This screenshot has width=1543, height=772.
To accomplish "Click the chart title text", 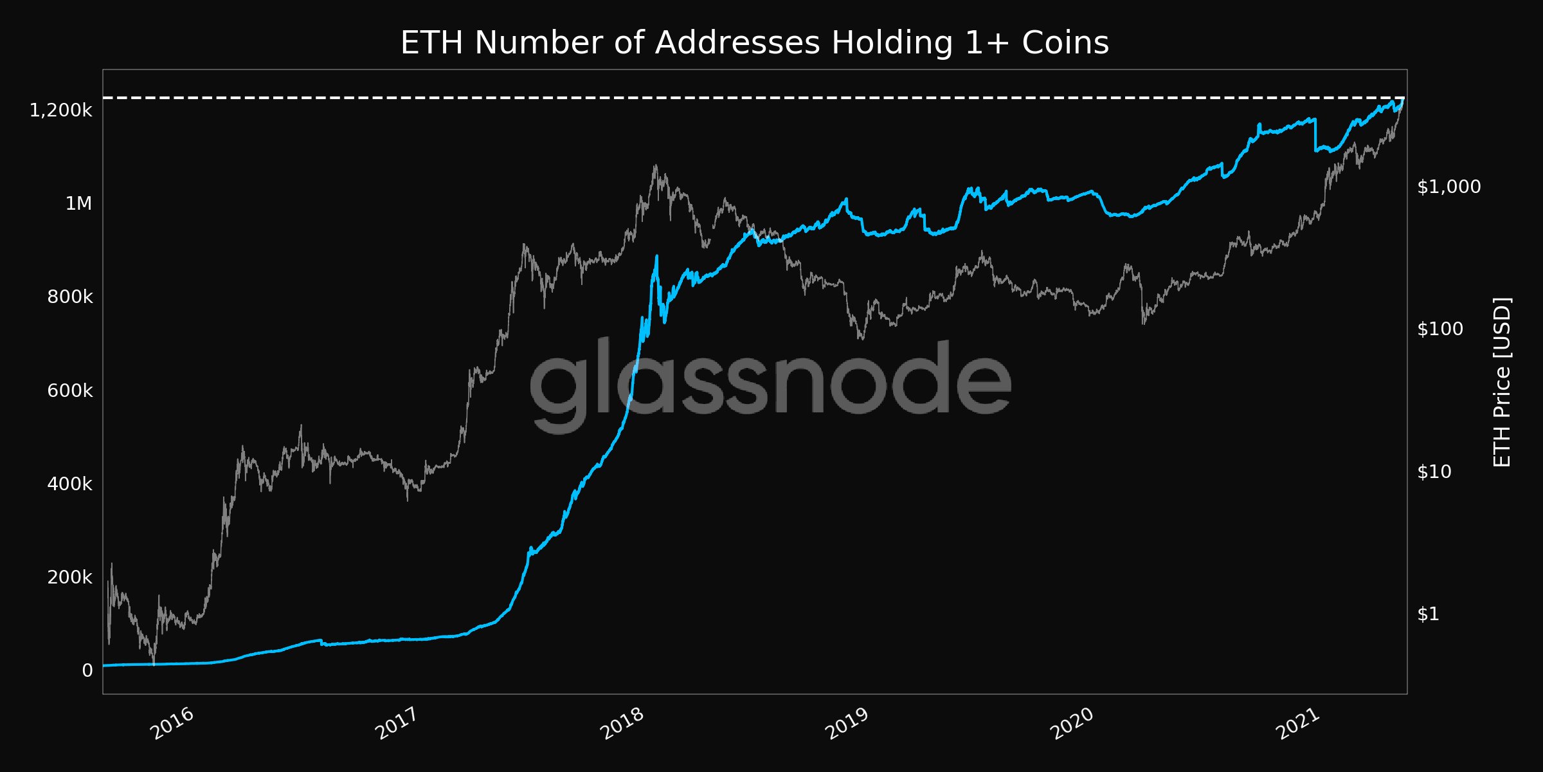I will pyautogui.click(x=754, y=43).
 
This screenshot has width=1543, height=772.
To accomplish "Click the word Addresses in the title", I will pyautogui.click(x=737, y=43).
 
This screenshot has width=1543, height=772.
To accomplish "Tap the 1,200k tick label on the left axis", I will pyautogui.click(x=60, y=111).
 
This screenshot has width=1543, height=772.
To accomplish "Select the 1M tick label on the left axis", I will pyautogui.click(x=78, y=204).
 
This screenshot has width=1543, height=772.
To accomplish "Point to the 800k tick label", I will pyautogui.click(x=69, y=297).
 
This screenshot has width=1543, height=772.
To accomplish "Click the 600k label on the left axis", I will pyautogui.click(x=69, y=391).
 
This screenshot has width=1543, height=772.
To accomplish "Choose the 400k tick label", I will pyautogui.click(x=69, y=484).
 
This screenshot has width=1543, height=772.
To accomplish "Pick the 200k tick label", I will pyautogui.click(x=69, y=577).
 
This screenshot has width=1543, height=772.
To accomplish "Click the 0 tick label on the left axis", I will pyautogui.click(x=87, y=671).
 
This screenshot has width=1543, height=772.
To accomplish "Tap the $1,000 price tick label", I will pyautogui.click(x=1448, y=187).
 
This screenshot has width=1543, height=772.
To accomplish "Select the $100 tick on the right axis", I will pyautogui.click(x=1439, y=329).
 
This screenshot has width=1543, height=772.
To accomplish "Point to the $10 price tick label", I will pyautogui.click(x=1434, y=472).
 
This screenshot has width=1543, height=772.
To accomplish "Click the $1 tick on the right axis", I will pyautogui.click(x=1428, y=614).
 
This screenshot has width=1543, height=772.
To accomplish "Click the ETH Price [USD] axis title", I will pyautogui.click(x=1502, y=382).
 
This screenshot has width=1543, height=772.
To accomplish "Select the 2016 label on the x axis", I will pyautogui.click(x=172, y=724).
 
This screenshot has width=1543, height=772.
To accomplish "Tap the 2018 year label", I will pyautogui.click(x=622, y=724).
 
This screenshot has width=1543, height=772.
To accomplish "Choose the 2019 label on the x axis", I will pyautogui.click(x=847, y=724).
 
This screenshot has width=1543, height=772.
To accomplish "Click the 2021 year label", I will pyautogui.click(x=1297, y=724).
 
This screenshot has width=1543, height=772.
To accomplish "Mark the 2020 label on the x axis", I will pyautogui.click(x=1072, y=724).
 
